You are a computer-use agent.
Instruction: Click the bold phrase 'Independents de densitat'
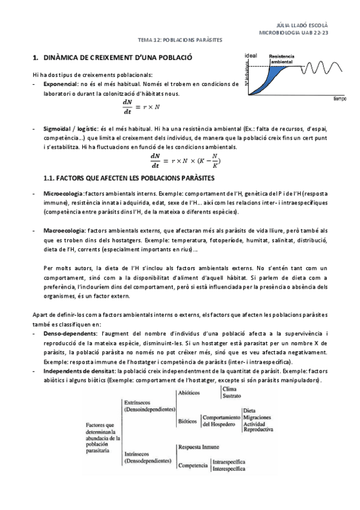(80, 372)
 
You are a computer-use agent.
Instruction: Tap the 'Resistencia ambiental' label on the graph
(282, 59)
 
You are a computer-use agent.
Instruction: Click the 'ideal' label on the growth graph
(251, 55)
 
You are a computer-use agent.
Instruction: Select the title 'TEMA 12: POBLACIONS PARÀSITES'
(180, 40)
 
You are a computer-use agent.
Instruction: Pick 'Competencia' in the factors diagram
(192, 465)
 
